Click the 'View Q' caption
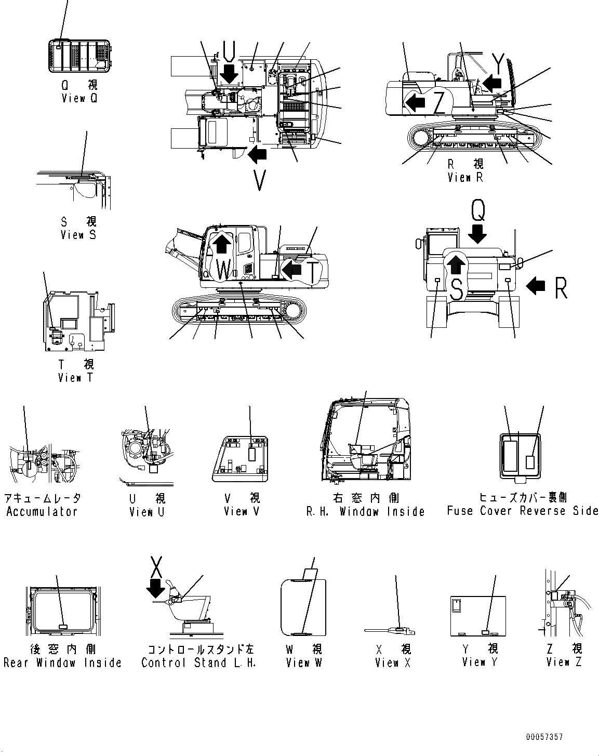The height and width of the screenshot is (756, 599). [x=79, y=98]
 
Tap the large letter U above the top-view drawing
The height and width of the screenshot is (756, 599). [x=229, y=50]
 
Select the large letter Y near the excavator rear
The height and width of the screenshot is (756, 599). [x=498, y=63]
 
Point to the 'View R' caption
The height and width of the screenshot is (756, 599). [x=465, y=177]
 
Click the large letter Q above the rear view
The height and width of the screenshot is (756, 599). [x=478, y=211]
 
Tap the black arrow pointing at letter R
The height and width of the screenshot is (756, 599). [x=536, y=285]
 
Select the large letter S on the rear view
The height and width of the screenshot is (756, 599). [x=456, y=289]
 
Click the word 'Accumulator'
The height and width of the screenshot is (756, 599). [x=42, y=511]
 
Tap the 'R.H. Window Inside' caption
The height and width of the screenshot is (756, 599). [x=366, y=511]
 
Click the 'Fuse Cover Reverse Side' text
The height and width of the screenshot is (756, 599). [x=523, y=511]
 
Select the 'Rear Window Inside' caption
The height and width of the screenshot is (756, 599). [x=62, y=662]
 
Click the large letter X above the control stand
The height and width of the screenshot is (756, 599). [x=157, y=567]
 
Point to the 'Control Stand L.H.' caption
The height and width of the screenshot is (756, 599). [x=199, y=662]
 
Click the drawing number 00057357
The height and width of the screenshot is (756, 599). [x=543, y=737]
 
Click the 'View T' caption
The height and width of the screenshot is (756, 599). [x=76, y=378]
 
